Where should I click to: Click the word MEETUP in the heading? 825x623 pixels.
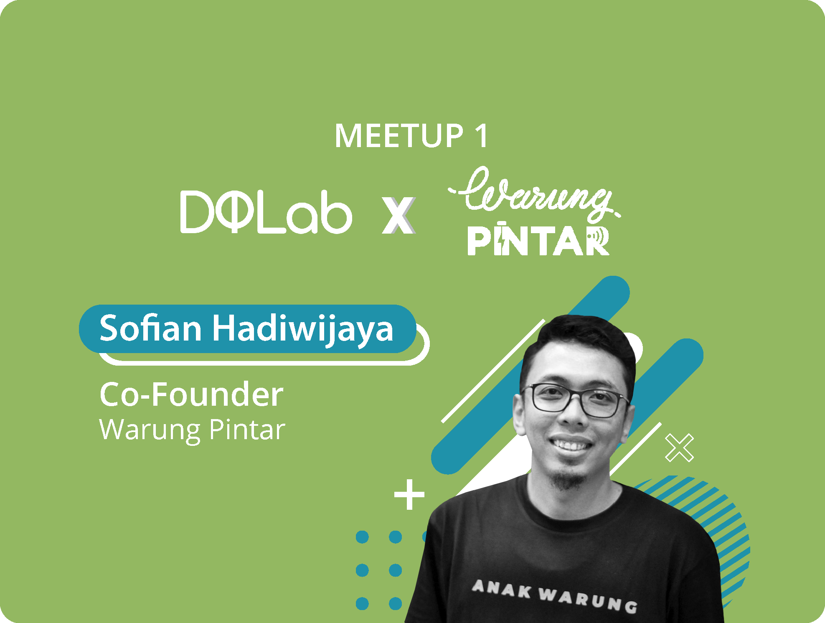tap(399, 136)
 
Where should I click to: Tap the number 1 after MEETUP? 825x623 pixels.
tap(481, 136)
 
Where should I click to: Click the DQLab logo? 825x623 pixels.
tap(266, 212)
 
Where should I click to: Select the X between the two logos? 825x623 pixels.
tap(398, 215)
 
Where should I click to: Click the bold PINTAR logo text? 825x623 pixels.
tap(538, 241)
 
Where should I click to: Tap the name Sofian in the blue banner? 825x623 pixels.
tap(151, 328)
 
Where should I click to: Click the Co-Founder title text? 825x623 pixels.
tap(191, 394)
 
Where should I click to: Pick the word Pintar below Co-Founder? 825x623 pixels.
tap(247, 430)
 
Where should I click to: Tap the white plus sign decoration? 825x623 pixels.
tap(409, 495)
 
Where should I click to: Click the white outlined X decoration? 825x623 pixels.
tap(679, 448)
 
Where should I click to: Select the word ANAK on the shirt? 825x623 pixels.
tap(501, 589)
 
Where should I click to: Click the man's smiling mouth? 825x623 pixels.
tap(571, 444)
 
